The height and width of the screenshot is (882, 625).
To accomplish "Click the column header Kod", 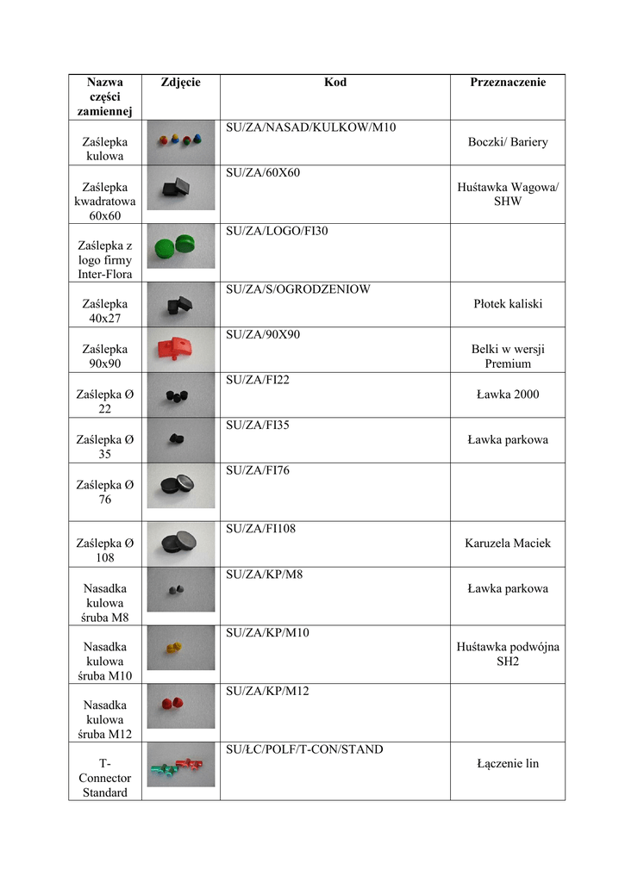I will tap(335, 83).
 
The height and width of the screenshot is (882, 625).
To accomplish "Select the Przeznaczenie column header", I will tap(508, 83).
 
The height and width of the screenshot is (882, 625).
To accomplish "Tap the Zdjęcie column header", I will tap(180, 83).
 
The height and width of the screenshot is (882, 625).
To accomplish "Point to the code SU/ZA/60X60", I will tap(263, 173).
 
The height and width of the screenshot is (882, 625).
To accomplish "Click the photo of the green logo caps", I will tap(180, 245).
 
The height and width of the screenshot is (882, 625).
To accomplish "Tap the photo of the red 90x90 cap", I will tap(180, 349).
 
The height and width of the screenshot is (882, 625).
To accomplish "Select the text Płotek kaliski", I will tap(508, 304).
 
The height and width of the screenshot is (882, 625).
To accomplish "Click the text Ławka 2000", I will tap(508, 394).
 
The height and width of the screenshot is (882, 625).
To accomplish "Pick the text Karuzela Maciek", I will tap(508, 543).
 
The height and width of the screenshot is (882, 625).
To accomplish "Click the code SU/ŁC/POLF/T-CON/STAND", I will tap(304, 750).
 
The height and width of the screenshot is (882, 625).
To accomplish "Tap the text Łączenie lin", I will tap(508, 763).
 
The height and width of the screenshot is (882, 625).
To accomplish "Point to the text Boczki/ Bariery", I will tap(508, 142).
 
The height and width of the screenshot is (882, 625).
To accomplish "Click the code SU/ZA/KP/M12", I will tap(267, 692).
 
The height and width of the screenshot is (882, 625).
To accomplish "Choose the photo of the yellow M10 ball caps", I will tap(180, 647).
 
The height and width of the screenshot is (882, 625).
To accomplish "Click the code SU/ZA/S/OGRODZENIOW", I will tap(297, 289).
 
